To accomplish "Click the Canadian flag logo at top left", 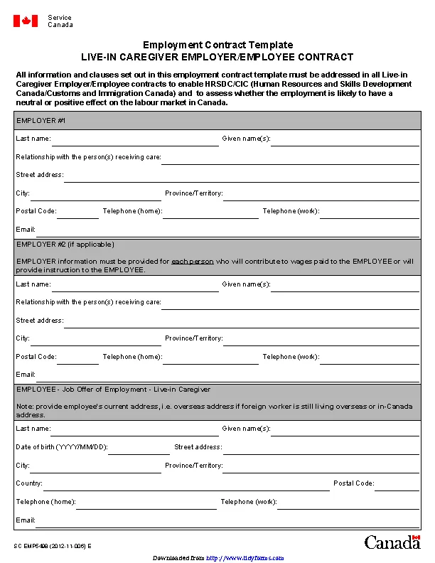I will (26, 21).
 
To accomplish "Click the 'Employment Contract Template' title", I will (217, 45).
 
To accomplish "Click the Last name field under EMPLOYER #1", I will (135, 140).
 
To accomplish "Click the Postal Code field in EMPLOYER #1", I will (77, 213).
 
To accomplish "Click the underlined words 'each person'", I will (192, 262).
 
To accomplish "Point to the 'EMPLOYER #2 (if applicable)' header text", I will (65, 244).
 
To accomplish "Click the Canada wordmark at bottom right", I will (392, 542).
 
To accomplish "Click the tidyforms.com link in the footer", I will (245, 558).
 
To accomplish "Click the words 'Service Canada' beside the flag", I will (60, 21).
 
